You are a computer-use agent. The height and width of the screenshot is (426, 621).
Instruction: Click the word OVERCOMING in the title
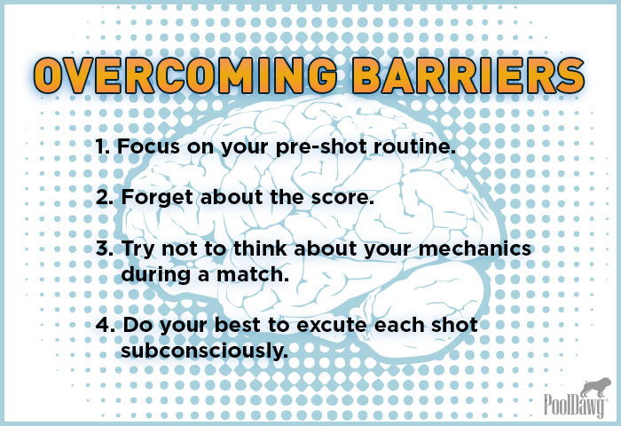(185, 75)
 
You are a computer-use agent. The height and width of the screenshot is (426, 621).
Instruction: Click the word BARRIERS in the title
(469, 75)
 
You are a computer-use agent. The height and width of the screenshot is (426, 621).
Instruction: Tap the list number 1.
(102, 146)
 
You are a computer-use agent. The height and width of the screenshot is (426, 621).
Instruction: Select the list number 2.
(105, 197)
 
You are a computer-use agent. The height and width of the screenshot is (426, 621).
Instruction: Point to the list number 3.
(105, 248)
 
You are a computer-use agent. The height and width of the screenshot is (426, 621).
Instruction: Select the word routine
(414, 146)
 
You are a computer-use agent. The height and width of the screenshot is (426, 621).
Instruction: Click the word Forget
(158, 198)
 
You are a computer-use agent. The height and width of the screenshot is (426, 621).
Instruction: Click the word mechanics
(475, 248)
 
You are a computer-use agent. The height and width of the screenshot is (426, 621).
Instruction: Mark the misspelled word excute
(332, 326)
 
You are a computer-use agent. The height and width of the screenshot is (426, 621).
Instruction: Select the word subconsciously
(205, 351)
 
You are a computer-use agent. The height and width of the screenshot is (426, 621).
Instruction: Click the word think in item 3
(260, 248)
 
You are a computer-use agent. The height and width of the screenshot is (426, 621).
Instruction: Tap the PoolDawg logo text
(575, 404)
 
